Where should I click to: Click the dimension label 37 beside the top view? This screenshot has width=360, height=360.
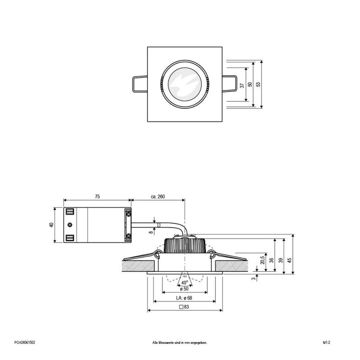(242, 85)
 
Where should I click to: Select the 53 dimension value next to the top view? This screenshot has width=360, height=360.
(257, 85)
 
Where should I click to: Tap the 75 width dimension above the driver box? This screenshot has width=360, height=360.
(97, 197)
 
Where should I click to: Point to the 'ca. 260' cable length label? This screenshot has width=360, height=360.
(157, 197)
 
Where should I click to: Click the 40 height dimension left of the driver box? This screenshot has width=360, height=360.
(51, 225)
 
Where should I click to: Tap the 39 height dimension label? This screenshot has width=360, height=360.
(280, 260)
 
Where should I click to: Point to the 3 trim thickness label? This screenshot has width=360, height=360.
(253, 279)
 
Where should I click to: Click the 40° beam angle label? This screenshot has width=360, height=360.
(184, 283)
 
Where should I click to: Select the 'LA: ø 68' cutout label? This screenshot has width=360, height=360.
(184, 298)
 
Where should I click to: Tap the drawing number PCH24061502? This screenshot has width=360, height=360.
(25, 342)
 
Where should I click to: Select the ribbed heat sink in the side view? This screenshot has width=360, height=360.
(185, 245)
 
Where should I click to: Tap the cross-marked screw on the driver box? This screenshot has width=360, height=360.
(70, 225)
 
